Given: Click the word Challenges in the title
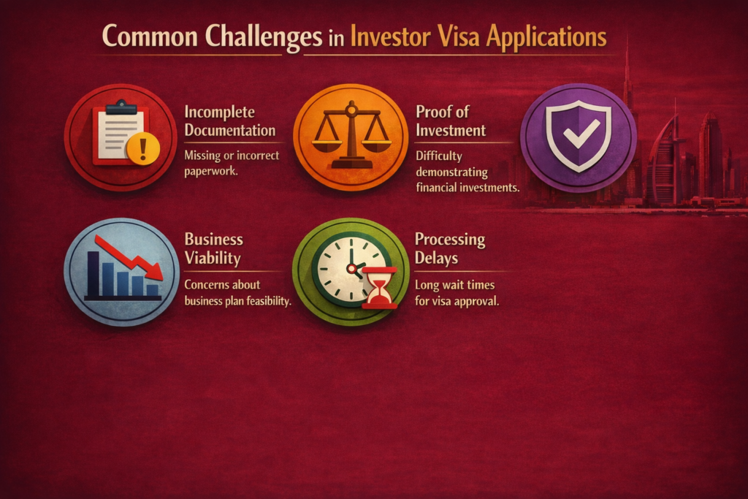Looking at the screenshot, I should (262, 37).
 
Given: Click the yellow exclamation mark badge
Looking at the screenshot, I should (142, 149).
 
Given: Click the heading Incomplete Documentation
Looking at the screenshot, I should (229, 121).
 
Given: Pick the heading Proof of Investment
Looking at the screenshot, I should (451, 121).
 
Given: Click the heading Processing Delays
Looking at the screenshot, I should (450, 248).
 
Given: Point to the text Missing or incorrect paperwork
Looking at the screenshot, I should (231, 161).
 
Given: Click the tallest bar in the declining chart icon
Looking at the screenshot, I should (93, 273).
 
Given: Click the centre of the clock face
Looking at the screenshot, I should (351, 269).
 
